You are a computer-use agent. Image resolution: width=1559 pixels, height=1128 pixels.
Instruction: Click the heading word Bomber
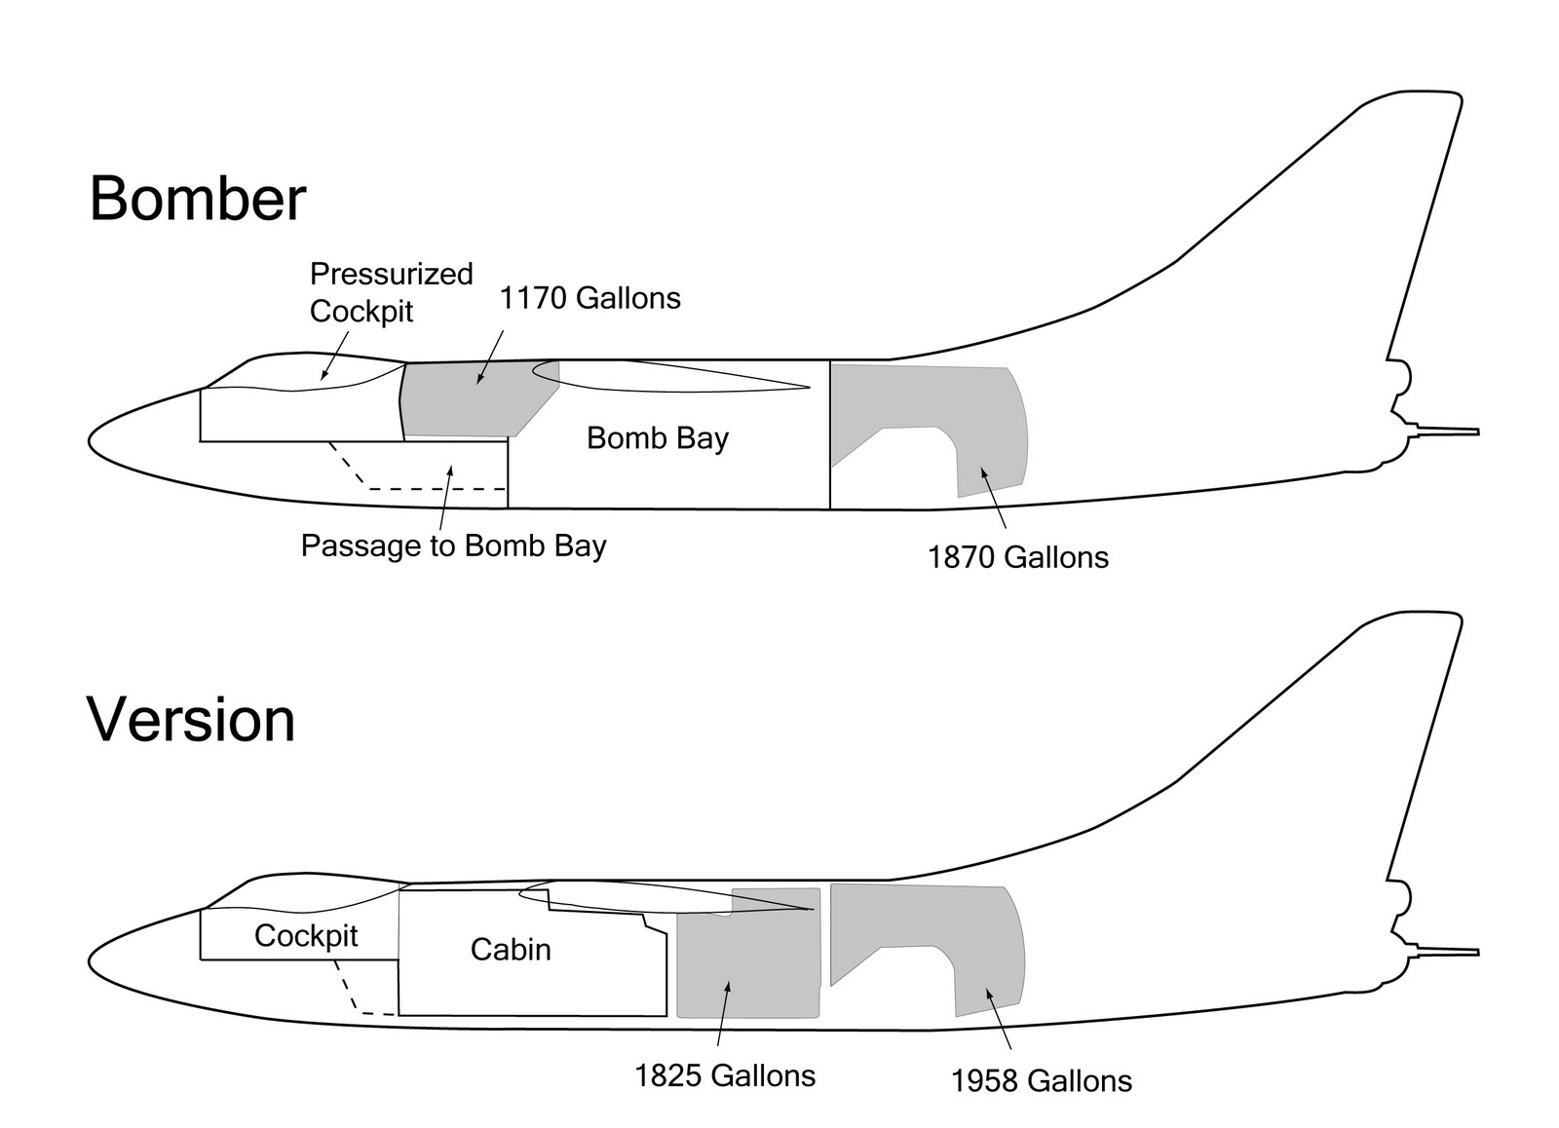point(198,199)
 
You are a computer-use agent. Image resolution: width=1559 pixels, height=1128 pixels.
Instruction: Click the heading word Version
point(191,721)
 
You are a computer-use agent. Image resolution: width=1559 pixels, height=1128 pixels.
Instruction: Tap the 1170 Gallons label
point(589,298)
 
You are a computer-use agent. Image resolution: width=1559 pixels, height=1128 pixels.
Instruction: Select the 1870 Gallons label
point(1017,557)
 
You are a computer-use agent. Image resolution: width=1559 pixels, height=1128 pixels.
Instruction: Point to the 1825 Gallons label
point(725,1075)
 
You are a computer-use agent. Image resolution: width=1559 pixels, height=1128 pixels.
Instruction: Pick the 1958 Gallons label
point(1041,1081)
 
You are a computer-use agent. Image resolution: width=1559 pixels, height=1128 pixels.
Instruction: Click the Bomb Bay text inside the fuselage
point(658,438)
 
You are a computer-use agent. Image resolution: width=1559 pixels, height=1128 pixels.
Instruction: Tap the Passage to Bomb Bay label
point(453,545)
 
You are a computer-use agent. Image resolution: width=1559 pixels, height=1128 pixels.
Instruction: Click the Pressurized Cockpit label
point(390,292)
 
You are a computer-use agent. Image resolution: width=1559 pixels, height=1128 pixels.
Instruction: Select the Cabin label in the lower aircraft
point(511,950)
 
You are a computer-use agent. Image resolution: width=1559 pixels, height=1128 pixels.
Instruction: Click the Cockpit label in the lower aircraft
point(306,936)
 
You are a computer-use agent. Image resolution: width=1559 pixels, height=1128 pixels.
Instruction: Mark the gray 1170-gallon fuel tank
point(468,399)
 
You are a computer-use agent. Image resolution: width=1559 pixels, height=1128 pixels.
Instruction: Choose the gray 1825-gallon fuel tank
point(745,959)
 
